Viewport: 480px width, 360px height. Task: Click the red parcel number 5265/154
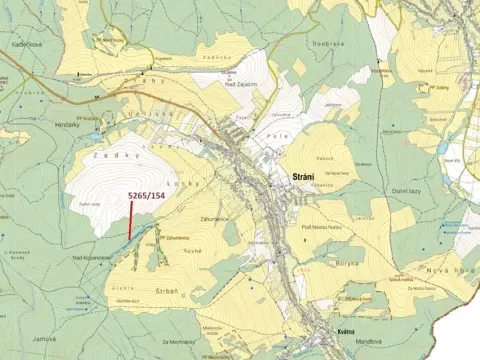pyautogui.click(x=149, y=198)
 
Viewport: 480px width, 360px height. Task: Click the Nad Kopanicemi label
pyautogui.click(x=92, y=256)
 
